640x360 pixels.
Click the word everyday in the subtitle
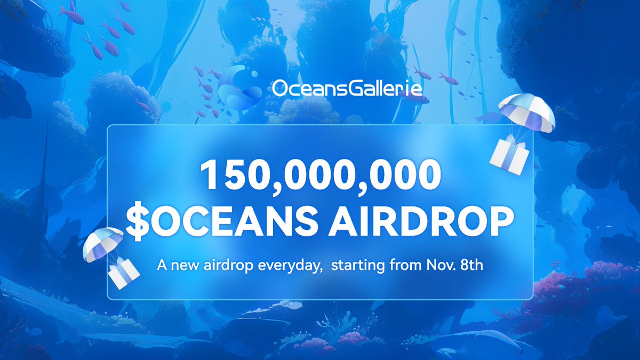(286, 266)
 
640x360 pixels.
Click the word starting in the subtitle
(355, 266)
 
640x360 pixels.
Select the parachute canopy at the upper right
(526, 111)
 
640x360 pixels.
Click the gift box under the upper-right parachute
(509, 153)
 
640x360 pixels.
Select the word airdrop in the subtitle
(226, 266)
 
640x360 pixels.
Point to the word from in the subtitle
(404, 266)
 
